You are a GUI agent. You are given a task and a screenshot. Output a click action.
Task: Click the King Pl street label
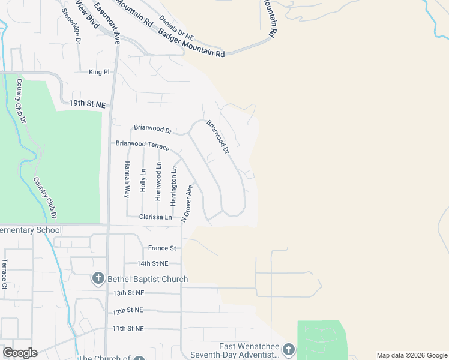coord(99,72)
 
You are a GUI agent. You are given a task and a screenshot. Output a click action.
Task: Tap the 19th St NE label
coord(87,104)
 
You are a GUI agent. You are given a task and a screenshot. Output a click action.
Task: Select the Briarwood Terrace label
coord(143,144)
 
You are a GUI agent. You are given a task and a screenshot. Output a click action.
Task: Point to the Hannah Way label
coord(127,179)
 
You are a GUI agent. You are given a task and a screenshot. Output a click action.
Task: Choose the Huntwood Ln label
coord(158,181)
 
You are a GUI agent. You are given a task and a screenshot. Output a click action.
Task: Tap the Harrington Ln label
coord(173,187)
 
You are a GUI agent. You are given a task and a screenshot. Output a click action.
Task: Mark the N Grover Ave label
coord(187,203)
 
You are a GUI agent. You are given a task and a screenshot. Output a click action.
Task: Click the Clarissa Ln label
coord(155,217)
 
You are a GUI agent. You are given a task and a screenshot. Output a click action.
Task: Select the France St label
coord(162,248)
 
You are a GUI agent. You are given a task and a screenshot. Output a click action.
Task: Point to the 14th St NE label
coord(152,263)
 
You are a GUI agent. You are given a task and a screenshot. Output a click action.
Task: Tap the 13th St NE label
coord(128,293)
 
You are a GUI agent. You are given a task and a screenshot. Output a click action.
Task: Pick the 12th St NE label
coord(128,311)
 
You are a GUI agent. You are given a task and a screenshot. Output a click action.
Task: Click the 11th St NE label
coord(128,329)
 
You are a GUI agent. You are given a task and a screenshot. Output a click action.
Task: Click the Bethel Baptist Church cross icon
coord(98,279)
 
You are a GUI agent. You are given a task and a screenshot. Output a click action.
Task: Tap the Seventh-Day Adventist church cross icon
coord(289,350)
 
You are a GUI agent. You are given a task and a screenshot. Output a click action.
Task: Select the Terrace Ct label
coord(4,274)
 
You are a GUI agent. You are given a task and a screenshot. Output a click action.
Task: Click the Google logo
coord(20,352)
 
